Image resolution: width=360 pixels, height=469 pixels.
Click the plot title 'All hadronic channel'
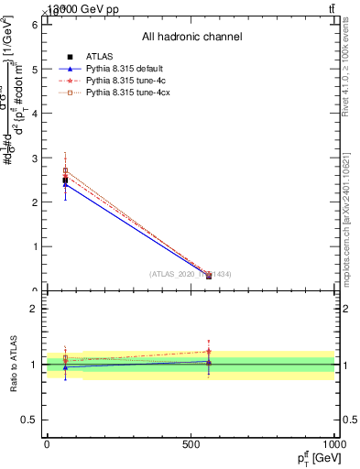[x=191, y=38]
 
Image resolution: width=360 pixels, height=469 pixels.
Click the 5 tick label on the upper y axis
[x=34, y=69]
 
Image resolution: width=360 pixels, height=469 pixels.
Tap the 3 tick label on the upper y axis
[x=34, y=158]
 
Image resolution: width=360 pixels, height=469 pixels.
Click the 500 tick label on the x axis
[x=191, y=444]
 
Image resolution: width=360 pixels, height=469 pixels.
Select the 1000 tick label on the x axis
[x=333, y=444]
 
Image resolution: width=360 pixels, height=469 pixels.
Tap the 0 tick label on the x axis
[x=47, y=444]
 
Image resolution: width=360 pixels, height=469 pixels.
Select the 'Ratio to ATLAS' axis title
[x=14, y=365]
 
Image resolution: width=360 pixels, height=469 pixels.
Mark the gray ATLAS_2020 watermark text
[x=191, y=274]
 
